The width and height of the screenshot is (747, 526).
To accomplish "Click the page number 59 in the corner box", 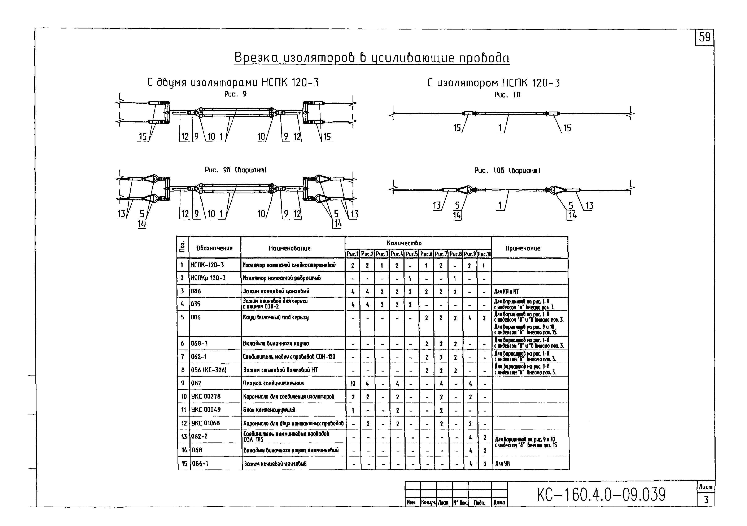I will (x=704, y=37).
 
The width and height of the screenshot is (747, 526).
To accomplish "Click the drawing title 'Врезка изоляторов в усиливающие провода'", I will (x=372, y=58).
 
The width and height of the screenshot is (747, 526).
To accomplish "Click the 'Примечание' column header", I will (x=523, y=248).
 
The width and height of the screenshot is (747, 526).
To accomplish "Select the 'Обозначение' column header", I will (x=214, y=248).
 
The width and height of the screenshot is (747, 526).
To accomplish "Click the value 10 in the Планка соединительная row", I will (x=353, y=384).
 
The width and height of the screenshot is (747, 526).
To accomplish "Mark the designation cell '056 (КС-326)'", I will (x=209, y=370).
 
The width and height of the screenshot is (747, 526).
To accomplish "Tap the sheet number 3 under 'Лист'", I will (x=706, y=499).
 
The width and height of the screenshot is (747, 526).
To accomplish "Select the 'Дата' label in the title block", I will (x=499, y=503).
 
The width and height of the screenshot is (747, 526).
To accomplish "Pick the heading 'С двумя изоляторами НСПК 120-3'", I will (x=233, y=83).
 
